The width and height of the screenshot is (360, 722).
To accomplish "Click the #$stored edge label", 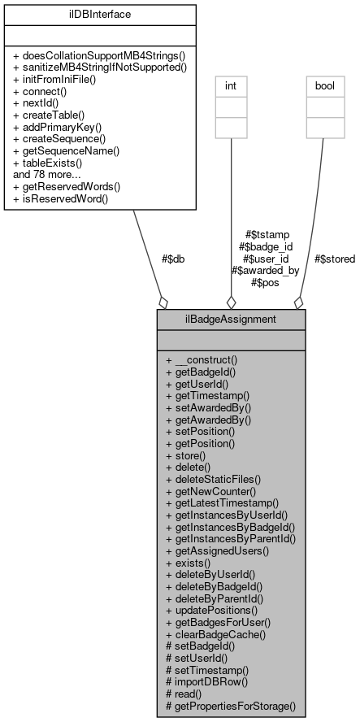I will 333,259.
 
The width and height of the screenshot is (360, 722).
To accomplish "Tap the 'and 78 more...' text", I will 46,174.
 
